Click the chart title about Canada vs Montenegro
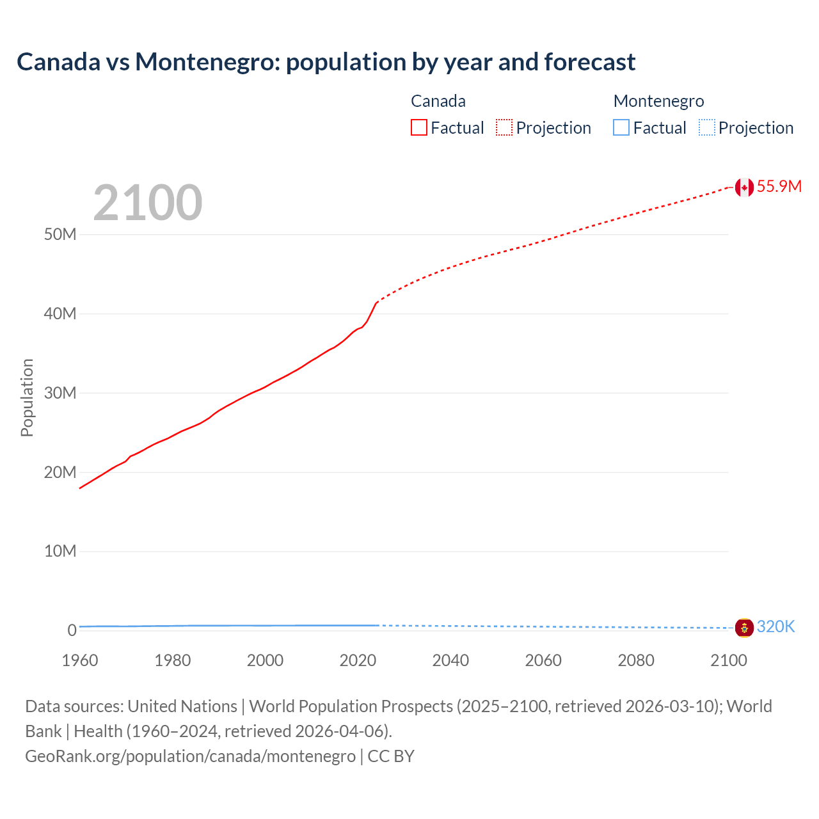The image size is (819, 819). (x=326, y=62)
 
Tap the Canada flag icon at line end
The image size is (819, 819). (x=743, y=187)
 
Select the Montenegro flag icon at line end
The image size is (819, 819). (x=743, y=628)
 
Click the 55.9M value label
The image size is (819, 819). (x=779, y=186)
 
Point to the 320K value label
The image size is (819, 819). (x=775, y=627)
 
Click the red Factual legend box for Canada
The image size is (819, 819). (x=419, y=128)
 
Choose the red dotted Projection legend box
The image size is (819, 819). (x=504, y=128)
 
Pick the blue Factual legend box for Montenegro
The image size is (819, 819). (x=621, y=128)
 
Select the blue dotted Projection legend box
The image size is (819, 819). (x=707, y=128)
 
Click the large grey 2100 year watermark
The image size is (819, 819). (x=148, y=203)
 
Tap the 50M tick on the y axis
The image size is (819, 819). (x=60, y=235)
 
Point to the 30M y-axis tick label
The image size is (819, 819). (x=60, y=393)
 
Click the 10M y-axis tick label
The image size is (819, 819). (x=60, y=552)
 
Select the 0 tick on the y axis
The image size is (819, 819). (x=72, y=630)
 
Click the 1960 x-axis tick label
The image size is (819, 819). (x=80, y=660)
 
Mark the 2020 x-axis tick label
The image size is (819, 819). (x=358, y=660)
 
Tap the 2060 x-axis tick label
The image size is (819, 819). (x=543, y=660)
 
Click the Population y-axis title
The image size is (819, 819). (x=27, y=397)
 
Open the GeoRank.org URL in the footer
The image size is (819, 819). (x=190, y=756)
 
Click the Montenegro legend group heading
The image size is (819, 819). (x=658, y=101)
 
